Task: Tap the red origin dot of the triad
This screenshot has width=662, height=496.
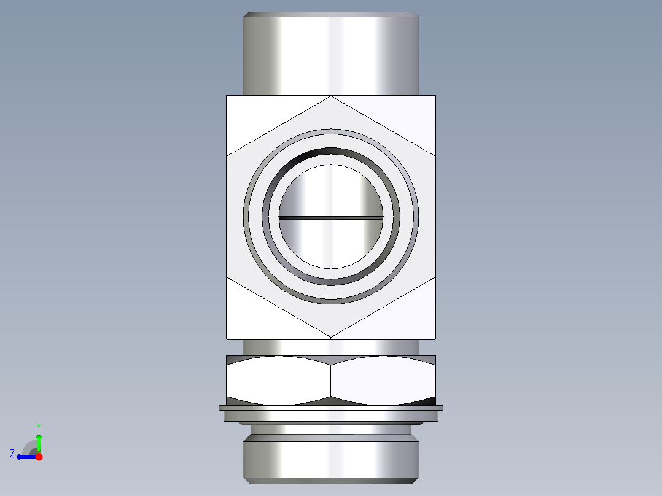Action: pos(39,457)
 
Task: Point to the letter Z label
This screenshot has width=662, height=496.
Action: pos(12,454)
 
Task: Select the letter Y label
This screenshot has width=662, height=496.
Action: pos(39,427)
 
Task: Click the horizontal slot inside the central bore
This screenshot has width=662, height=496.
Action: pos(331,217)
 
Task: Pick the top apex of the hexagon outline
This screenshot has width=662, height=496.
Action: pos(331,96)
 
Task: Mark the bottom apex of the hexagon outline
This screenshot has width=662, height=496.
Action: pos(331,338)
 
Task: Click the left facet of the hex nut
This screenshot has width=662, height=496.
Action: pos(278,381)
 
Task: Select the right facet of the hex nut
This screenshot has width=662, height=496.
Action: pos(384,381)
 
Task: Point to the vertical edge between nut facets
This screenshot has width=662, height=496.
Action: pos(331,381)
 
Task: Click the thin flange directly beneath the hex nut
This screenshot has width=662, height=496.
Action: pos(331,408)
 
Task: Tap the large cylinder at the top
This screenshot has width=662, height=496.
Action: pos(331,55)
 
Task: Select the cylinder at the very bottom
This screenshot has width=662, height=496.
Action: pos(331,460)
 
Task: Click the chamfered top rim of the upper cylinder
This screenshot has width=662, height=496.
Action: pos(331,14)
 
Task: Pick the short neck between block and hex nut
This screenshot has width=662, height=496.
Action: pos(331,347)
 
